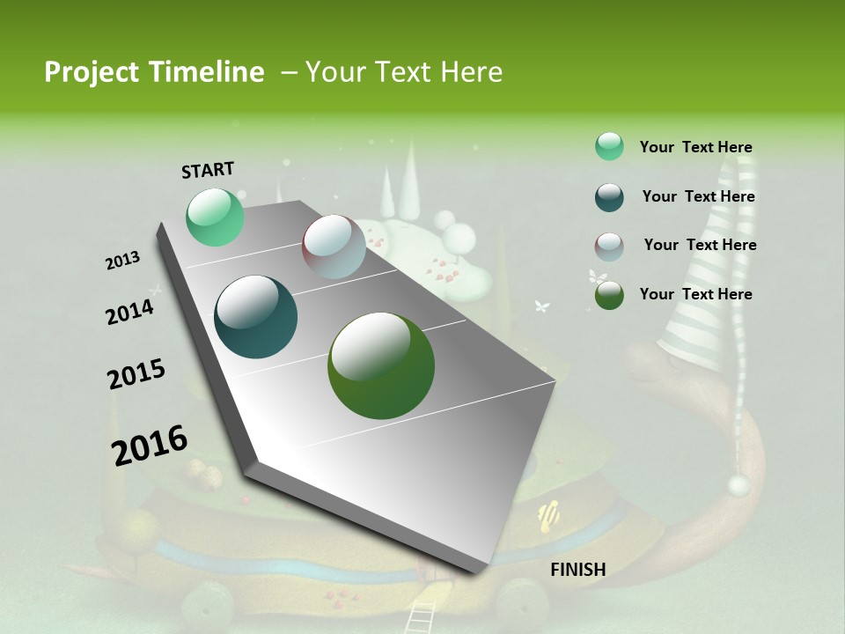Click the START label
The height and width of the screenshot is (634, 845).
pos(208,169)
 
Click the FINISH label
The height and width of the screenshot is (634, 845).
pos(578,569)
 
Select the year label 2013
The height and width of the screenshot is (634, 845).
pos(123,260)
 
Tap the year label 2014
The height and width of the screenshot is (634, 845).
pos(130,312)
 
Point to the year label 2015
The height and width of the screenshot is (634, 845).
pos(136,374)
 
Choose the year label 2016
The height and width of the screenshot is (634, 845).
pos(150,445)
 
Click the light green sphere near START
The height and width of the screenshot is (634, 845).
pos(215,217)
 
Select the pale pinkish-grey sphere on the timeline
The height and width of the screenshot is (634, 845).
pos(334,247)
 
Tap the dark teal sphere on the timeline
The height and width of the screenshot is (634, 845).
pos(255,317)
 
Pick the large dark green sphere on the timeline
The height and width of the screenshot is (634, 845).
pos(380,365)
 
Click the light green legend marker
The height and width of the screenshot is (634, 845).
pos(609,146)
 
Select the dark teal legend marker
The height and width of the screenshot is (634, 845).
pos(609,197)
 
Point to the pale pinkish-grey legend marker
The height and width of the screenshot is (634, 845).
pos(609,246)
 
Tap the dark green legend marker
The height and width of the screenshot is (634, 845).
pos(609,295)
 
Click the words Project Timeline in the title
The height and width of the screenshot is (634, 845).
pos(154,72)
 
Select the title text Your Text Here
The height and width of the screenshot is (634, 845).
pos(404,72)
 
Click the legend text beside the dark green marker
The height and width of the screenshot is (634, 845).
pos(695,294)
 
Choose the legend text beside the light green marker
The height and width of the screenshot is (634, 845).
pos(695,147)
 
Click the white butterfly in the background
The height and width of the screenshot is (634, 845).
pos(542,306)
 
